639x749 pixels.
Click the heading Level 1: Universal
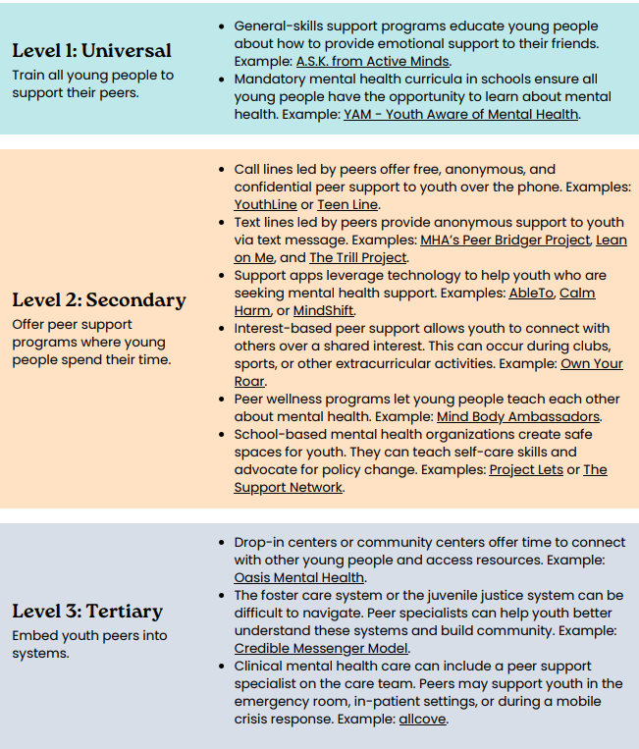[x=91, y=51]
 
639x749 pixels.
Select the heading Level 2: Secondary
[x=98, y=299]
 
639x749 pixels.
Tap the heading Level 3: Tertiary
[x=87, y=612]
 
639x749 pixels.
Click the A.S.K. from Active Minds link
[x=373, y=62]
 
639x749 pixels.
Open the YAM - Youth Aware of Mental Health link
[x=461, y=115]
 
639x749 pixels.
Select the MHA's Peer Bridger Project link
[x=506, y=240]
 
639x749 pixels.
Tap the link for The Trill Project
[x=357, y=257]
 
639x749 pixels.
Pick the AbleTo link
[x=530, y=293]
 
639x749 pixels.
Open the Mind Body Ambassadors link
[x=518, y=416]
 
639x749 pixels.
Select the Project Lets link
[x=526, y=470]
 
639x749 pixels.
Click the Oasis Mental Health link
[x=299, y=577]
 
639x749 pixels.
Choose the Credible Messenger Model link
[x=321, y=648]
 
